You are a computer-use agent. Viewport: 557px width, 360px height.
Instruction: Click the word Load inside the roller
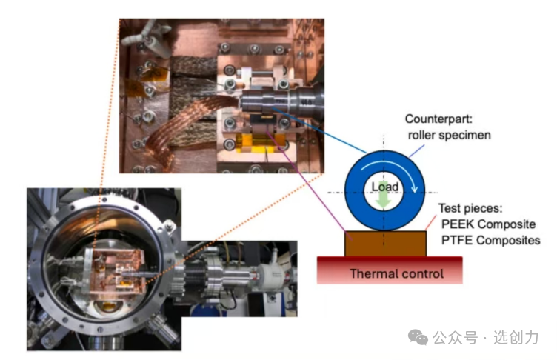384,187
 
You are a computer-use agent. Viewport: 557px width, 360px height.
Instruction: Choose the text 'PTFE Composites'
490,240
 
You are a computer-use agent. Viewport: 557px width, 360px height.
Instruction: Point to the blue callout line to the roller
318,133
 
